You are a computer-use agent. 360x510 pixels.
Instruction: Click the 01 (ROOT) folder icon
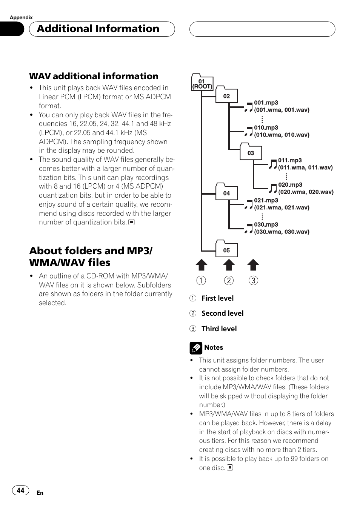pos(202,82)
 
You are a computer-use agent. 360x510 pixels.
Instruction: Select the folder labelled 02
pos(226,94)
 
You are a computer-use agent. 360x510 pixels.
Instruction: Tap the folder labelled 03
pos(251,151)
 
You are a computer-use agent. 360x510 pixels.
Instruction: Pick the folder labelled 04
pos(226,192)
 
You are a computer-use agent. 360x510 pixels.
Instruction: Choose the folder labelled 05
pos(226,248)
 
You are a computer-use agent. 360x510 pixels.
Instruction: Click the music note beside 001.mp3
pos(248,107)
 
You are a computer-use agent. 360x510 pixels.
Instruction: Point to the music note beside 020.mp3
pos(272,189)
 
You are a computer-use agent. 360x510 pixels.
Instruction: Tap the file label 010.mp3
pos(266,127)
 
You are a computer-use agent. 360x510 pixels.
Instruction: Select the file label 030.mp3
pos(266,224)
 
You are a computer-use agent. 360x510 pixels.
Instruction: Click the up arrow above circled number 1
pos(202,264)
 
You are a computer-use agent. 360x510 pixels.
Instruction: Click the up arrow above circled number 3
pos(253,264)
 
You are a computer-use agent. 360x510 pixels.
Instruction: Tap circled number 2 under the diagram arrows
pos(229,280)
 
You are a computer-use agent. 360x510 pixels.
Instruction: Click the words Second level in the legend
pos(223,313)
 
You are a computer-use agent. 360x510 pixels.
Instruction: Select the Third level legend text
pos(219,329)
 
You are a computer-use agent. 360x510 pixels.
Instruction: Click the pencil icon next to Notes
pos(196,348)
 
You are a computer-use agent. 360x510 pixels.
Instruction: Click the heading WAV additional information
pos(94,76)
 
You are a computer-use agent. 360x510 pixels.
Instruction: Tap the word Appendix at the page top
pos(21,17)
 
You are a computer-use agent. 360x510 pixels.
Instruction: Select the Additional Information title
pos(98,29)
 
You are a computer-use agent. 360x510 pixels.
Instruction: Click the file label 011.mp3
pos(290,160)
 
